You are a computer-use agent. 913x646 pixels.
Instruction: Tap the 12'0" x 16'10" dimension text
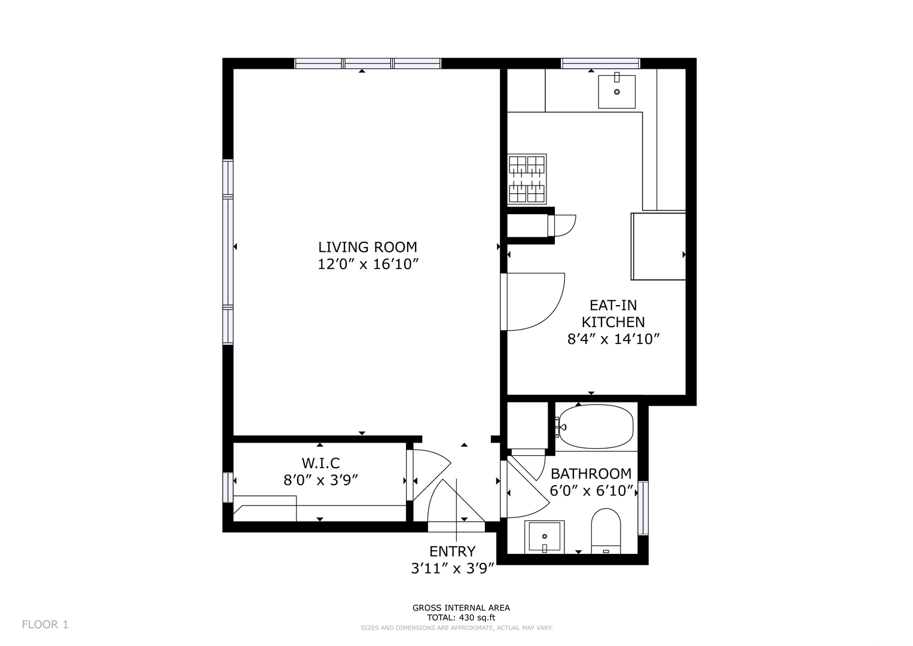[x=368, y=264]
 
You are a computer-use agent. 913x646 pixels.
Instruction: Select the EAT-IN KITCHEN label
[x=613, y=313]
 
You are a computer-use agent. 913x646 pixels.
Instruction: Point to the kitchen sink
[x=616, y=92]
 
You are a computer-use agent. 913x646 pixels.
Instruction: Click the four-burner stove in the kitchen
[x=527, y=179]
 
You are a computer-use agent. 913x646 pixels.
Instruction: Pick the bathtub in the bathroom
[x=596, y=426]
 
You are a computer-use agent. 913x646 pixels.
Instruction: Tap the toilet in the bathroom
[x=606, y=531]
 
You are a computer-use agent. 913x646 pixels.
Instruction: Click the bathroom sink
[x=545, y=537]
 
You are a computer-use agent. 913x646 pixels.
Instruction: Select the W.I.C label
[x=320, y=464]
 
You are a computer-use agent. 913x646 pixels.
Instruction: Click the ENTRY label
[x=453, y=551]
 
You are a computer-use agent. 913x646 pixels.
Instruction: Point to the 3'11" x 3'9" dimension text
[x=453, y=568]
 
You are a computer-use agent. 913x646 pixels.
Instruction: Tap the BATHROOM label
[x=591, y=474]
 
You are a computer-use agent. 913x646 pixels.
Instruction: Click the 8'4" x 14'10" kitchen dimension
[x=613, y=339]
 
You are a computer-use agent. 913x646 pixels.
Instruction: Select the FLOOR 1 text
[x=45, y=624]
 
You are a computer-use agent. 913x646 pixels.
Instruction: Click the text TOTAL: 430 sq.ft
[x=461, y=617]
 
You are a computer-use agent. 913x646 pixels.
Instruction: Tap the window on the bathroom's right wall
[x=643, y=508]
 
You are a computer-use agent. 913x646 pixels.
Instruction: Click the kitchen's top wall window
[x=600, y=63]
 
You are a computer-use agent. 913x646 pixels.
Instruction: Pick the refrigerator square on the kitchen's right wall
[x=658, y=246]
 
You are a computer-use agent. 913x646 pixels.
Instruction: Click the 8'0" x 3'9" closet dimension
[x=320, y=480]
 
